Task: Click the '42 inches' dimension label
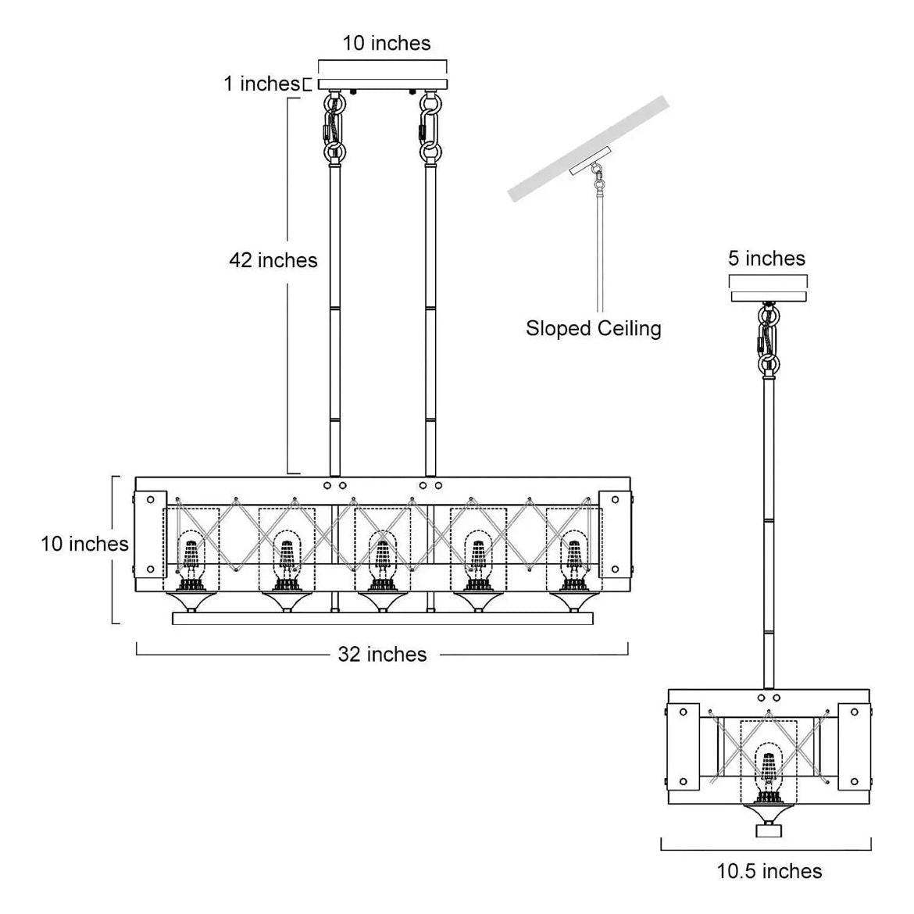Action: [x=273, y=259]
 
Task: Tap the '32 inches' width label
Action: [x=382, y=654]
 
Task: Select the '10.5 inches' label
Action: [x=769, y=870]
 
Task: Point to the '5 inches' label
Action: [x=766, y=258]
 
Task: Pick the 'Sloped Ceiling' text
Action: [x=593, y=328]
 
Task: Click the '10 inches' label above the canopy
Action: [x=387, y=43]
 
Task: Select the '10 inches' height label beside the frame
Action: [x=84, y=543]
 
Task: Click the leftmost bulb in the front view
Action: [x=191, y=556]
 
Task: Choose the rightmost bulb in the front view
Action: [x=574, y=556]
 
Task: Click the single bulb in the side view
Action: [x=769, y=769]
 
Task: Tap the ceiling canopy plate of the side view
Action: [x=769, y=296]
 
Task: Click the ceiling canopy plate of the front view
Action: [x=382, y=84]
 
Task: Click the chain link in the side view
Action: [x=769, y=336]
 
